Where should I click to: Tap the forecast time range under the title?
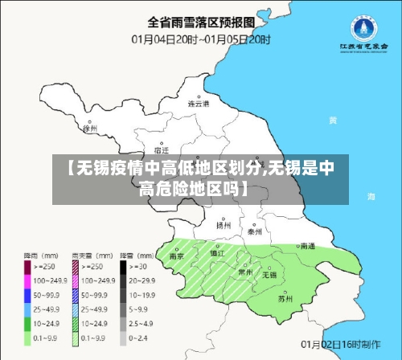click(200, 37)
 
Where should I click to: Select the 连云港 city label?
click(198, 104)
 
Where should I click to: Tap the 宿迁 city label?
click(161, 149)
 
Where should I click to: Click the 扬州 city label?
click(223, 226)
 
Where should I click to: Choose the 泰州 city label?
click(255, 231)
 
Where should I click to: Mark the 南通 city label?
click(306, 246)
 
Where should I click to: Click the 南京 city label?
click(177, 257)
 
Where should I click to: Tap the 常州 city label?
click(244, 272)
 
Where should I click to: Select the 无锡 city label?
click(269, 275)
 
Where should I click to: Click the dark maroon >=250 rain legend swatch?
click(27, 265)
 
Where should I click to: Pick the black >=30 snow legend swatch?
click(125, 265)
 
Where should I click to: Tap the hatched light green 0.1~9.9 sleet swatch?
click(76, 340)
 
